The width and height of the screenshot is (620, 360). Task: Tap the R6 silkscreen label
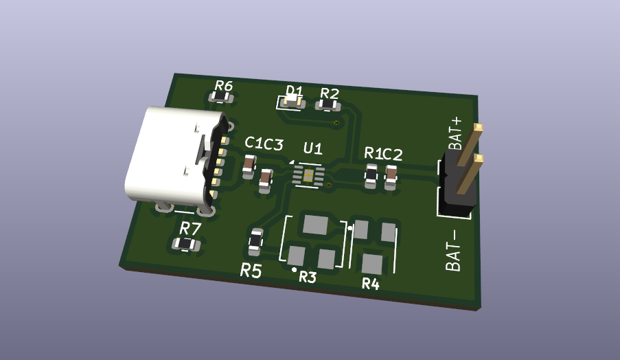pos(224,86)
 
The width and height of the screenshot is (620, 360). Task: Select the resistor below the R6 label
pos(220,97)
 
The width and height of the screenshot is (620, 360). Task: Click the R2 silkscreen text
pos(330,93)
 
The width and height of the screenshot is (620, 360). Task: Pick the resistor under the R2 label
pos(328,105)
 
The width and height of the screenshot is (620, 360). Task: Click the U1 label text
pos(313,148)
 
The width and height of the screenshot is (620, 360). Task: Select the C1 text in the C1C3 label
pos(254,142)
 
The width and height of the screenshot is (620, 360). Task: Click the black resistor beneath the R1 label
pos(371,176)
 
